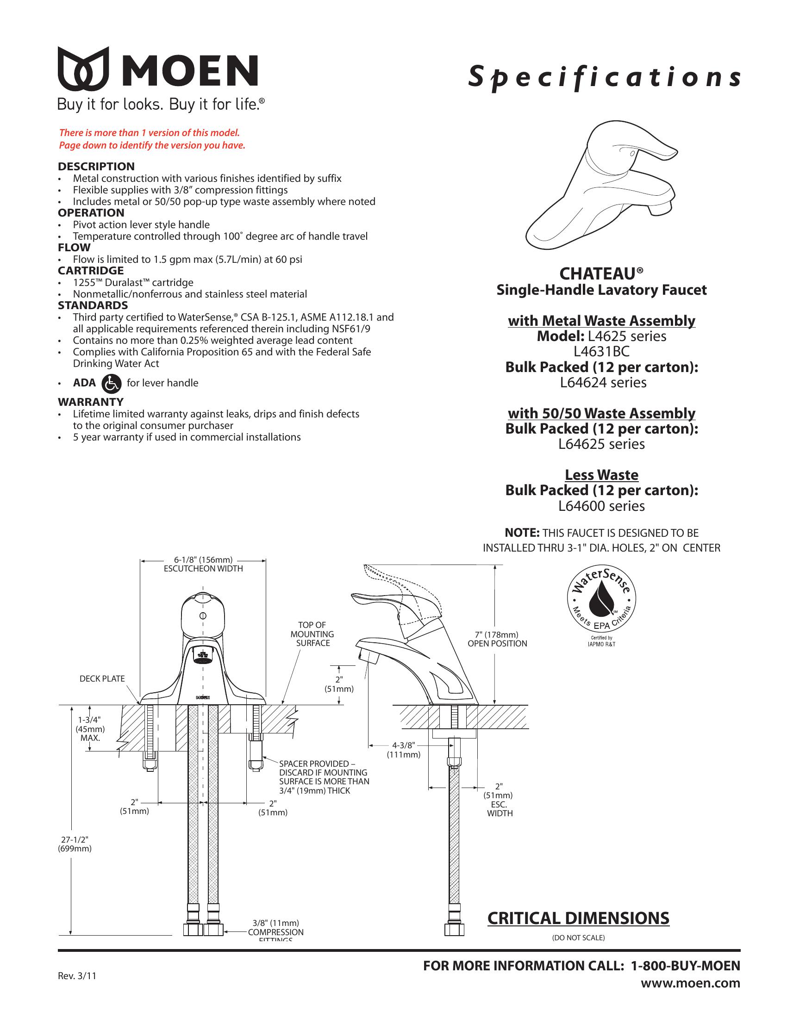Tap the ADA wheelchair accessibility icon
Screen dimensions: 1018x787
112,383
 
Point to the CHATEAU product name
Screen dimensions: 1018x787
601,273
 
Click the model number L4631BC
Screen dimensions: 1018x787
601,352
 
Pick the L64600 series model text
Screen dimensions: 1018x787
601,506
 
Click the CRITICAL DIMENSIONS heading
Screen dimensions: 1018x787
578,918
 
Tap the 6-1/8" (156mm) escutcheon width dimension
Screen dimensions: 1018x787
203,564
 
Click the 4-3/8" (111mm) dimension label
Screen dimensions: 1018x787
404,750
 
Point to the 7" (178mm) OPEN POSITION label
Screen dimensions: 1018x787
497,639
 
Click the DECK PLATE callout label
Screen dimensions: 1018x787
102,679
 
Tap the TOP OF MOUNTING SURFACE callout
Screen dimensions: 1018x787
312,634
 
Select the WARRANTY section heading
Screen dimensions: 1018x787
90,402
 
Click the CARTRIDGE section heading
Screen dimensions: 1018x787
90,271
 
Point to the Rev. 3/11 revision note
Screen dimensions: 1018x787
77,976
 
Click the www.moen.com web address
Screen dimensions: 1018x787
690,983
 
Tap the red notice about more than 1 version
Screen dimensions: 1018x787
151,139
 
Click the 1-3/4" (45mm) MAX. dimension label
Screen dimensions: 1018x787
90,729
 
